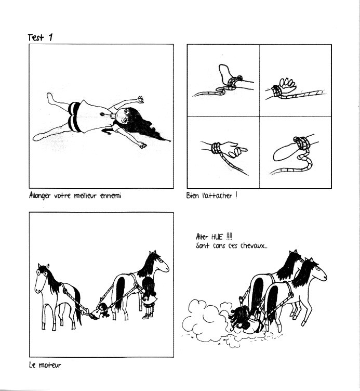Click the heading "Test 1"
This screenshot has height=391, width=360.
point(40,37)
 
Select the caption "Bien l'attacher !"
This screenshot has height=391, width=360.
point(211,196)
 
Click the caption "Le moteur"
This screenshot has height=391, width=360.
point(45,365)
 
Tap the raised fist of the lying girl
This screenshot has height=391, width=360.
point(141,99)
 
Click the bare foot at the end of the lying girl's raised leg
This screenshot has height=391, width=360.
point(50,97)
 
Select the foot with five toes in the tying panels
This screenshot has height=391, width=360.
point(288,85)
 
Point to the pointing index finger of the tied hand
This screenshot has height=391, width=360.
point(241,149)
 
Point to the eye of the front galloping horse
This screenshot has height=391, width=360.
point(318,269)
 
